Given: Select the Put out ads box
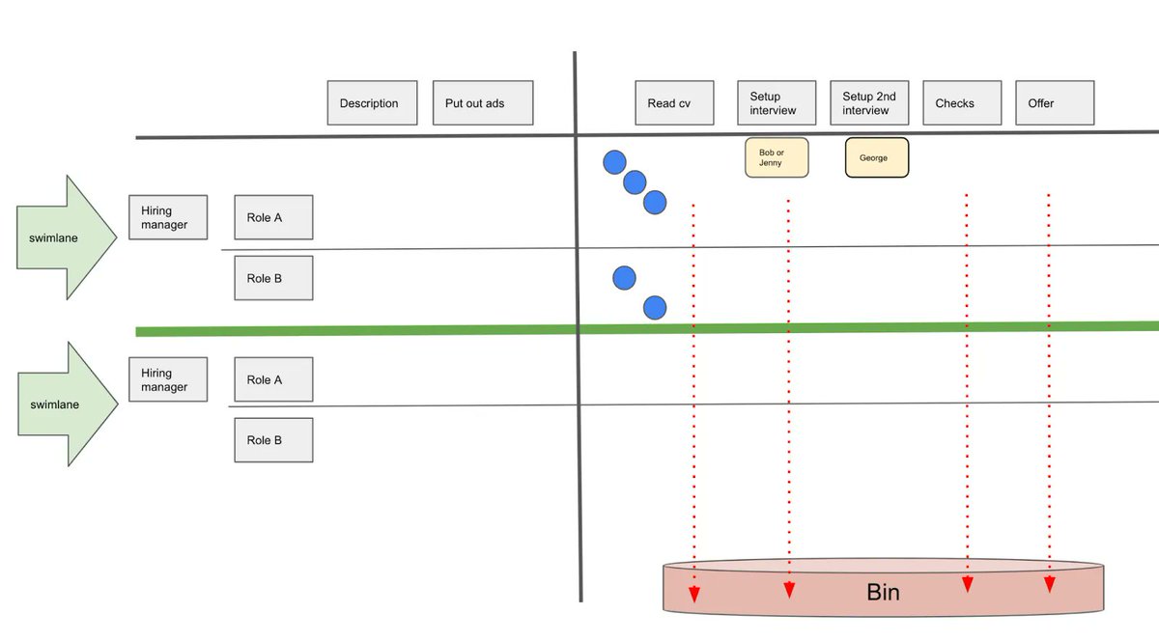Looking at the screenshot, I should (482, 103).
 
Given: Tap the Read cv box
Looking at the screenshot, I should (674, 103).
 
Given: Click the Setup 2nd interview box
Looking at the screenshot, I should (869, 103).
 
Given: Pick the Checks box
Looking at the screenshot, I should (961, 103).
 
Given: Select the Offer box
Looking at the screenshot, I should (1054, 103).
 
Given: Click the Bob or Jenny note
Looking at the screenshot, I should (777, 157).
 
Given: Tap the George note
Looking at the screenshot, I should (877, 157).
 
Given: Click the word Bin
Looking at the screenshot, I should (883, 592).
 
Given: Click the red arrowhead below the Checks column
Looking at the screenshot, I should (967, 584).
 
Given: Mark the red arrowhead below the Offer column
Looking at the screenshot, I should (1049, 585).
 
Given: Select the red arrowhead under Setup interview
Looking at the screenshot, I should (789, 589).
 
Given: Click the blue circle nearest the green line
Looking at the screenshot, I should (655, 308).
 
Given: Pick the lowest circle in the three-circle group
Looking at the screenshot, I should (655, 203).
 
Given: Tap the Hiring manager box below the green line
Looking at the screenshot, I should (168, 379).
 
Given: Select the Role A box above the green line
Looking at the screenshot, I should (273, 218).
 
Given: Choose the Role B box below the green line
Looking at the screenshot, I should (273, 440).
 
